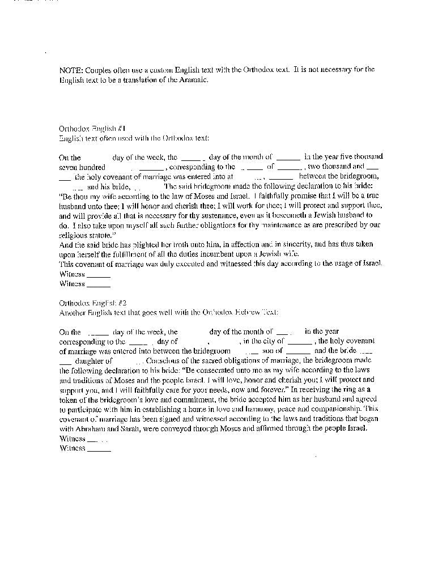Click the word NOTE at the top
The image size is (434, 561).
coord(70,70)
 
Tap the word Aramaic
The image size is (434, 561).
coord(194,80)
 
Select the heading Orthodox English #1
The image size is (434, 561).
coord(88,129)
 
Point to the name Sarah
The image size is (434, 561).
coord(128,428)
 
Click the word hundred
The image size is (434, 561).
coord(92,167)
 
